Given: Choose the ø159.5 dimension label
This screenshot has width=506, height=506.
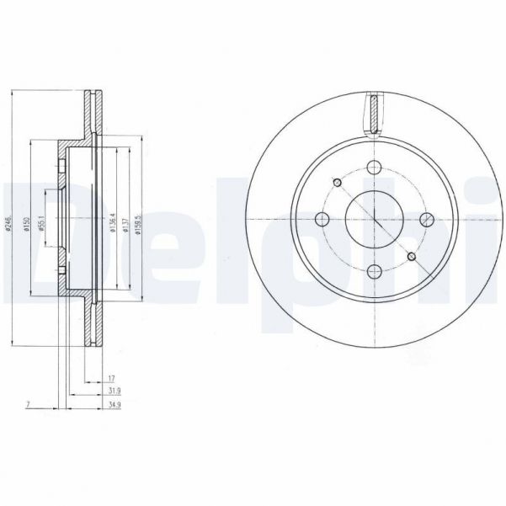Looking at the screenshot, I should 140,221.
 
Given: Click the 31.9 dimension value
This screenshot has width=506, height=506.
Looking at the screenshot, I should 112,391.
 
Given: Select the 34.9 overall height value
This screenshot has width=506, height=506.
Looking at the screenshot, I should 112,405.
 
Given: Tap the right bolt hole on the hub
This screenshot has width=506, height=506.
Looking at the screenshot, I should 425,221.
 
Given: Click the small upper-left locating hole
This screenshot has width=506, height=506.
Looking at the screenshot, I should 337,183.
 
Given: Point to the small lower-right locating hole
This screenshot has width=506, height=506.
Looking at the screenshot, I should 411,257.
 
